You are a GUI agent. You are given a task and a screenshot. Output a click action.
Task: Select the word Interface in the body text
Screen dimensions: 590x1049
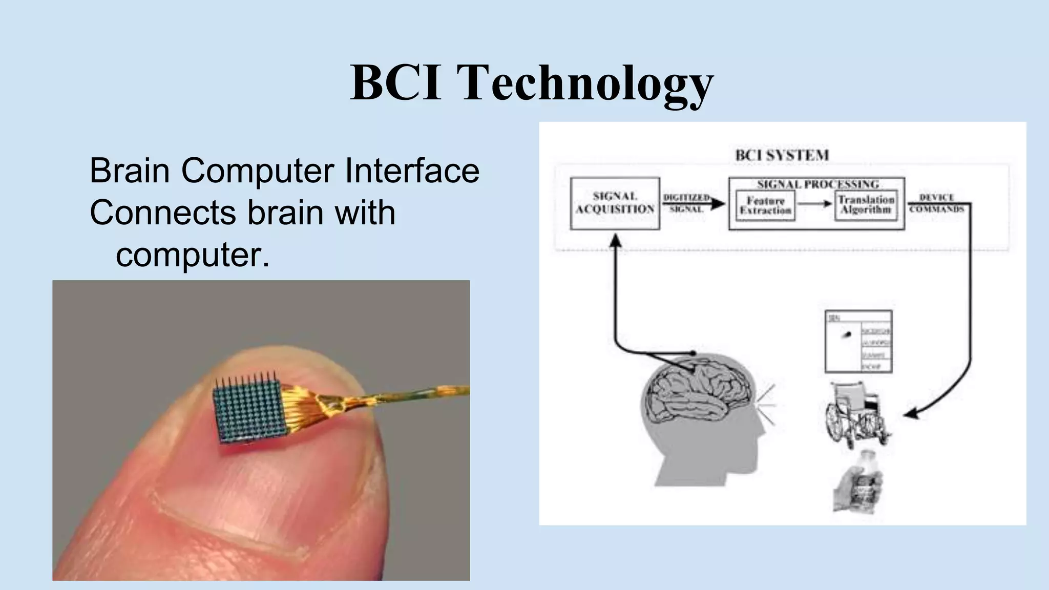pyautogui.click(x=412, y=171)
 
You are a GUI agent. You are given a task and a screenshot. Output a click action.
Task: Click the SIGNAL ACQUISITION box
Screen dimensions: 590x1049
pyautogui.click(x=615, y=203)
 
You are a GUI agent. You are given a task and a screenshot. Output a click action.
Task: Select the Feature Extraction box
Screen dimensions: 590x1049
pyautogui.click(x=765, y=205)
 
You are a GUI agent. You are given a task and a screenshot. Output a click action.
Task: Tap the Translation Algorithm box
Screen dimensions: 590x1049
pyautogui.click(x=866, y=205)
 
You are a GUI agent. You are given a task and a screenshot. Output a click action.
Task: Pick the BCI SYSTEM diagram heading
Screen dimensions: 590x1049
pyautogui.click(x=782, y=155)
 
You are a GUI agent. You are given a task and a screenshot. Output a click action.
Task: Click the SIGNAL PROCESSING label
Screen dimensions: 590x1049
pyautogui.click(x=817, y=184)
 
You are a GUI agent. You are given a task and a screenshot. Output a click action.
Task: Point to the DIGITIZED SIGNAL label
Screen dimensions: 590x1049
pyautogui.click(x=686, y=203)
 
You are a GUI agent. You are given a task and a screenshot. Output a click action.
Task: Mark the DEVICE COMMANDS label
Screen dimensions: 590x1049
pyautogui.click(x=936, y=203)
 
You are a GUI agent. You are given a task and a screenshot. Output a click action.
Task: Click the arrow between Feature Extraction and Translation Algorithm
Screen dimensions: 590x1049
pyautogui.click(x=815, y=204)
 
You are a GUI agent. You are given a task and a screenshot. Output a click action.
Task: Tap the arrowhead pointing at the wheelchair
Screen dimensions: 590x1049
pyautogui.click(x=910, y=414)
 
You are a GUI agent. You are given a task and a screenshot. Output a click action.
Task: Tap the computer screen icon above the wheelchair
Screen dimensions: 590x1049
pyautogui.click(x=858, y=341)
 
